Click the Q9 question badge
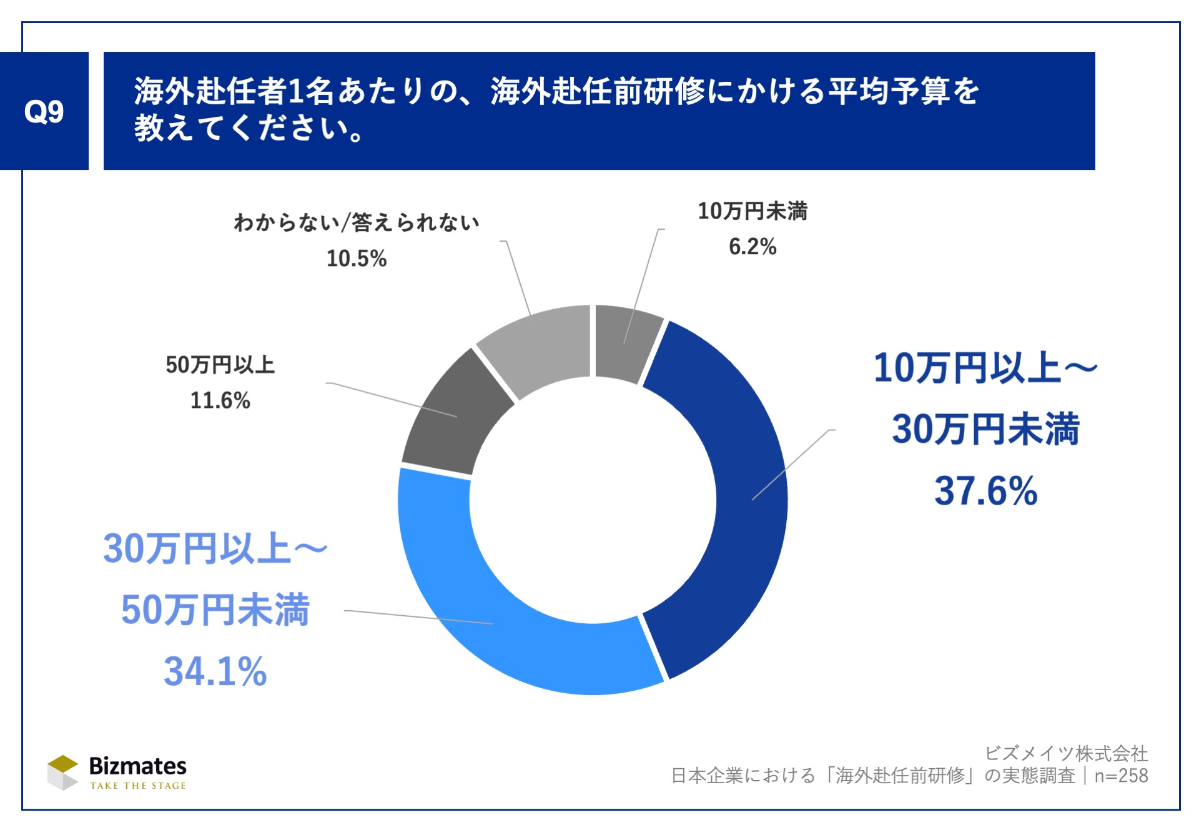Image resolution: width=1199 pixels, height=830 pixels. tap(44, 111)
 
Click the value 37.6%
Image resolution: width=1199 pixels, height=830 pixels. tap(985, 491)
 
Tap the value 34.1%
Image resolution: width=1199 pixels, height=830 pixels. tap(215, 671)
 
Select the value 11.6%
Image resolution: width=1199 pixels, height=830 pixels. tap(220, 400)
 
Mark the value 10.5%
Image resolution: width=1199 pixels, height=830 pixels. tap(357, 259)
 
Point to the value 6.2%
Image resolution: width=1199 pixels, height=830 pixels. tap(752, 247)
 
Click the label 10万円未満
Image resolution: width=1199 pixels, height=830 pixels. tap(752, 211)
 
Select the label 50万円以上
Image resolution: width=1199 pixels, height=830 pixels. tap(220, 365)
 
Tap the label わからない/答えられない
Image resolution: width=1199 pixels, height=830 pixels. tap(357, 222)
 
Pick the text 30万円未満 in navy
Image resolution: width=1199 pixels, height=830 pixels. tap(985, 430)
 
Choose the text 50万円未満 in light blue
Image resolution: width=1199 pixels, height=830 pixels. tap(215, 610)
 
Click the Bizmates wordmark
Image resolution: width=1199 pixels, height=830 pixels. tap(137, 766)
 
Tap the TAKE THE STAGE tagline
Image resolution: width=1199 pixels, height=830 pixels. tap(138, 786)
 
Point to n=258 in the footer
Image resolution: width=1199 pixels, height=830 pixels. tap(1121, 776)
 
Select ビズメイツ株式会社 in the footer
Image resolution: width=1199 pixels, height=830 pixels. tap(1066, 753)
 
